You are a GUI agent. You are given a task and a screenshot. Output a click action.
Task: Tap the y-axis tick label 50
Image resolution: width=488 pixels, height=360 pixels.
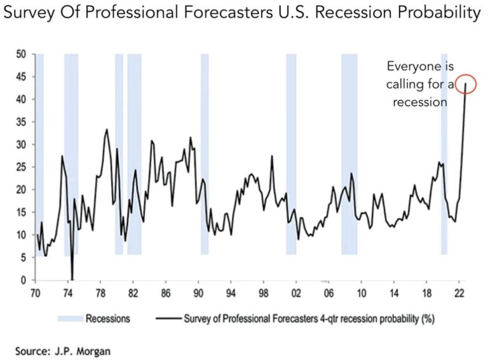(22, 54)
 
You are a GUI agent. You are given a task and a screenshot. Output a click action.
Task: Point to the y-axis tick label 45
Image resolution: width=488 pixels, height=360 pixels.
(22, 77)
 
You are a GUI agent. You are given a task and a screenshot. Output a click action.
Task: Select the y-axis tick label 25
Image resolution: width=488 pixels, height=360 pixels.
(22, 167)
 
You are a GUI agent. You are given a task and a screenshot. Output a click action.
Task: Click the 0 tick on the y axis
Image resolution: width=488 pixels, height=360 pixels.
(24, 280)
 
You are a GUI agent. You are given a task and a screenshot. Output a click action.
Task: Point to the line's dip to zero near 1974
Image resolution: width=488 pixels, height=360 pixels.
(72, 279)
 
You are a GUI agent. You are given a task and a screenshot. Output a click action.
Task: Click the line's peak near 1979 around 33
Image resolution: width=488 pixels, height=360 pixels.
(107, 130)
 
